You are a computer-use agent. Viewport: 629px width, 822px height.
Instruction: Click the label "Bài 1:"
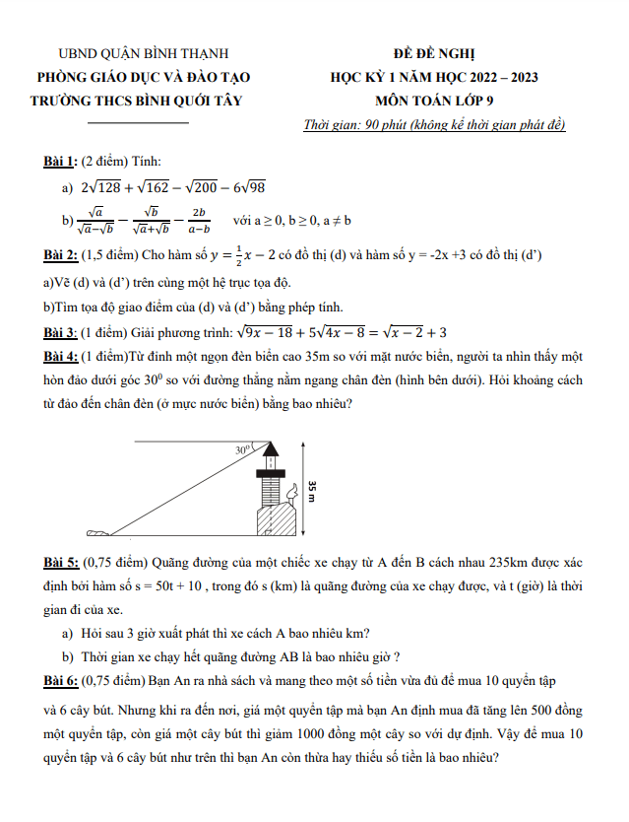(x=60, y=161)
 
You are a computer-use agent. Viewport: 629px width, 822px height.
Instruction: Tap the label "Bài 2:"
(x=60, y=255)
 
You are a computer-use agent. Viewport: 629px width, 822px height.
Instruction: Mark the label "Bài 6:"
(x=60, y=681)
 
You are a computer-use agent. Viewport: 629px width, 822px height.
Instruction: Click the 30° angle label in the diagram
(x=243, y=450)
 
